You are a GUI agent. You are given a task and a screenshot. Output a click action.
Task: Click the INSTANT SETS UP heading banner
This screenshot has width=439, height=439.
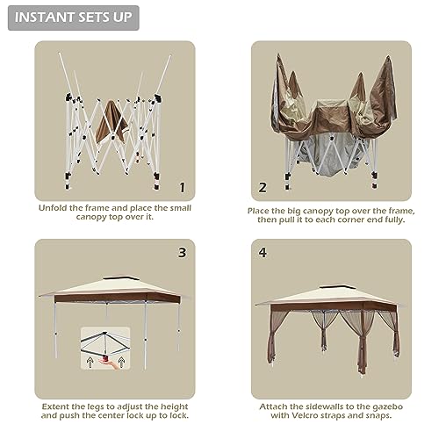point(74,18)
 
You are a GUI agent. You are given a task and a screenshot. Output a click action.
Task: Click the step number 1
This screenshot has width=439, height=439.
point(183,187)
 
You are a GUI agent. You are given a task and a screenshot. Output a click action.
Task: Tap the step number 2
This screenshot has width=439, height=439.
point(263,187)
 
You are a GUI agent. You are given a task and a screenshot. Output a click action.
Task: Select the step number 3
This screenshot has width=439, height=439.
point(182,253)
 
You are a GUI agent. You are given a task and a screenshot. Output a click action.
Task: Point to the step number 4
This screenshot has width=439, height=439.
point(263,253)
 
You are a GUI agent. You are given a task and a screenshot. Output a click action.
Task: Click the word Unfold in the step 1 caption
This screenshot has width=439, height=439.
point(53,208)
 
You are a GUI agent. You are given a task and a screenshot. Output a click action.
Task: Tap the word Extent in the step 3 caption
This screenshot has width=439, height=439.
point(55,407)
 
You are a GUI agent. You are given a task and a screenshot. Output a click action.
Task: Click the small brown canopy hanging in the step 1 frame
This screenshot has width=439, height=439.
point(112,123)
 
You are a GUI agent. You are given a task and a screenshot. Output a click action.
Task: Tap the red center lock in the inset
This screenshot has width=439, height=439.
point(105,357)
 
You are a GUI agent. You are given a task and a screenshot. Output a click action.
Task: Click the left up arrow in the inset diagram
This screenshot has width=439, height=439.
point(90,363)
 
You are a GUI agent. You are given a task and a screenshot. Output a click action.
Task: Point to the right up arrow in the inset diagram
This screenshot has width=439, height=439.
point(121,363)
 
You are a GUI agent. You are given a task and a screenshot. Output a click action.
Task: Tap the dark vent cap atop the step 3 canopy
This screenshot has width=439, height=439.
point(117,277)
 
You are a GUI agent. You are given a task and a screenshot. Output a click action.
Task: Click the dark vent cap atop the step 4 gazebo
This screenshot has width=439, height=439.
point(334,286)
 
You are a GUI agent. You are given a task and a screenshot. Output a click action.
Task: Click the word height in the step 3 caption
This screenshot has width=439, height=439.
point(175,407)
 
